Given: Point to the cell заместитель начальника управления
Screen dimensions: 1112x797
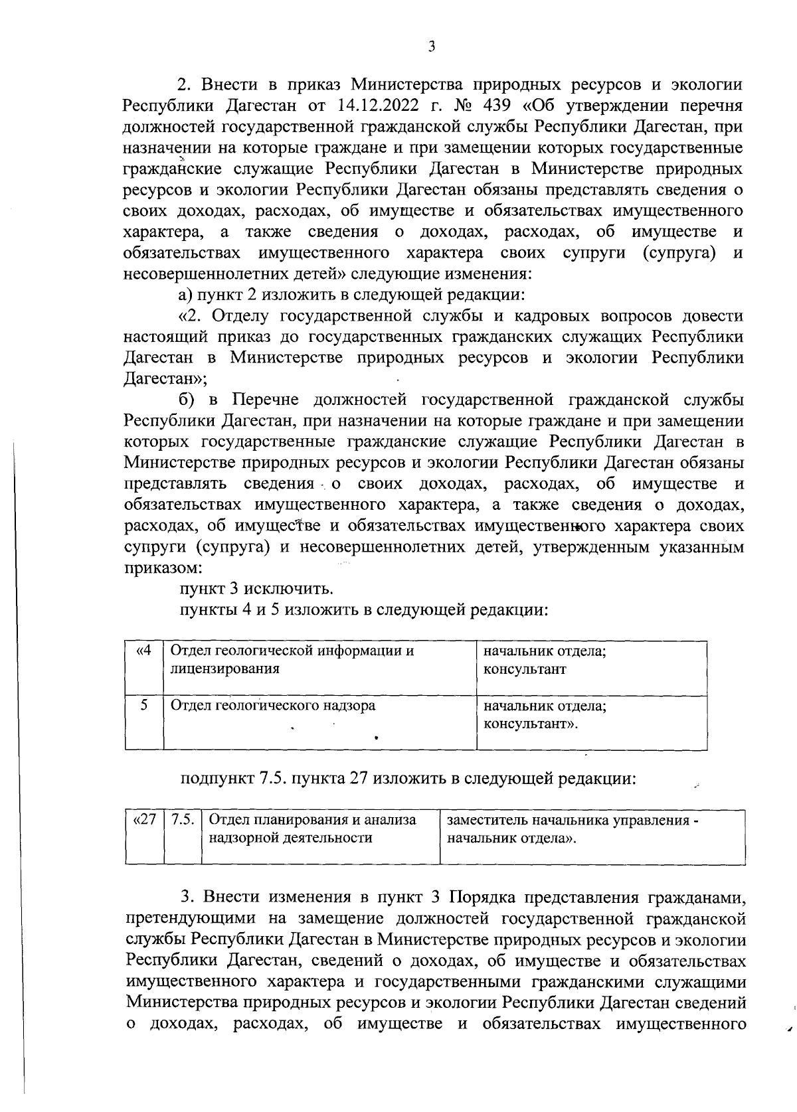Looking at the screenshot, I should pos(573,821).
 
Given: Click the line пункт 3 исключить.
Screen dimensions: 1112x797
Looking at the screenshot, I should pos(256,589).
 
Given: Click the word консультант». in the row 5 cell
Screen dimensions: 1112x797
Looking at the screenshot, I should pos(531,723).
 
